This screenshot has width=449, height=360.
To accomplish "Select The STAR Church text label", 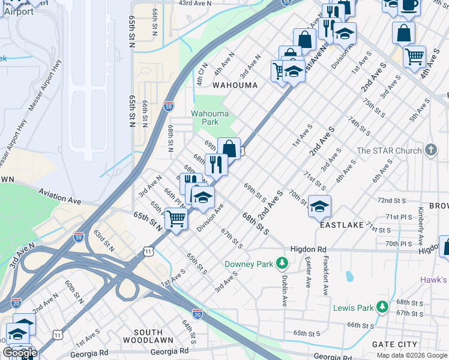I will click(389, 151).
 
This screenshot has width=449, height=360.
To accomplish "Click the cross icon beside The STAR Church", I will click(430, 150).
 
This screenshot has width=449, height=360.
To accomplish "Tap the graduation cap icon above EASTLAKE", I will click(319, 206).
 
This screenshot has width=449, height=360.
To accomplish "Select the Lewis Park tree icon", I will click(382, 308).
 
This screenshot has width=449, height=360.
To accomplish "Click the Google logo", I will click(20, 353).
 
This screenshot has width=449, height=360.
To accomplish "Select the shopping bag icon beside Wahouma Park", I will click(229, 148).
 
